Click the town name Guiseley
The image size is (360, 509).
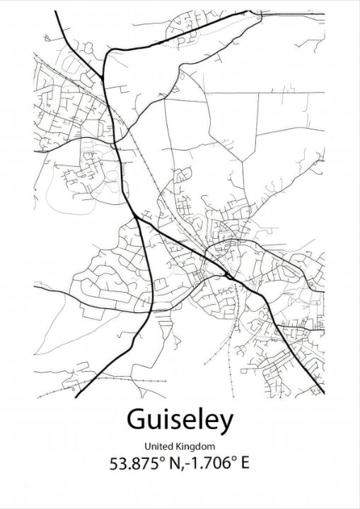point(180,420)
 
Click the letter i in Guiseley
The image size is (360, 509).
point(165,419)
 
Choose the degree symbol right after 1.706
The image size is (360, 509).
point(236,460)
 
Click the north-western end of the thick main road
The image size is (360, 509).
point(53,12)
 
